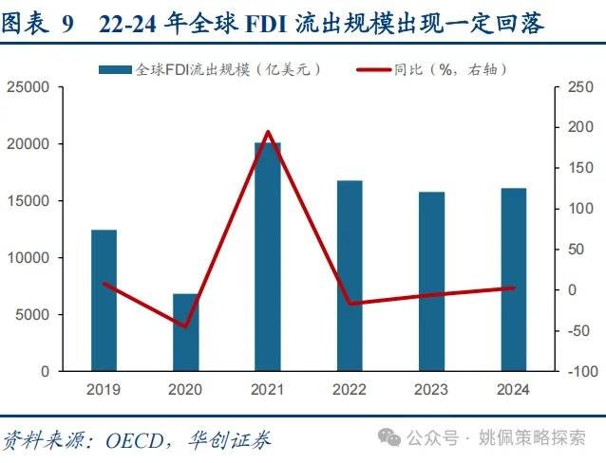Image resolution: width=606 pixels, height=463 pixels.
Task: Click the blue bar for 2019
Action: pyautogui.click(x=104, y=300)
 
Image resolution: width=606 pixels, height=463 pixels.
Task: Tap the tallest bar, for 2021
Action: pyautogui.click(x=268, y=256)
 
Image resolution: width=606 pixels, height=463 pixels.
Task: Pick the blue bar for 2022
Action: pyautogui.click(x=350, y=275)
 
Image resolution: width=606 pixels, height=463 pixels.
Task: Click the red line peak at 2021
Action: pyautogui.click(x=268, y=132)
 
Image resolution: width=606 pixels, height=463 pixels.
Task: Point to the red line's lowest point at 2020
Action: pyautogui.click(x=186, y=327)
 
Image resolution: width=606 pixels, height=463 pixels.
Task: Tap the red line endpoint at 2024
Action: pyautogui.click(x=513, y=287)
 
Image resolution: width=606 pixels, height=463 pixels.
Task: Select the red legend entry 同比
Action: pyautogui.click(x=446, y=69)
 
